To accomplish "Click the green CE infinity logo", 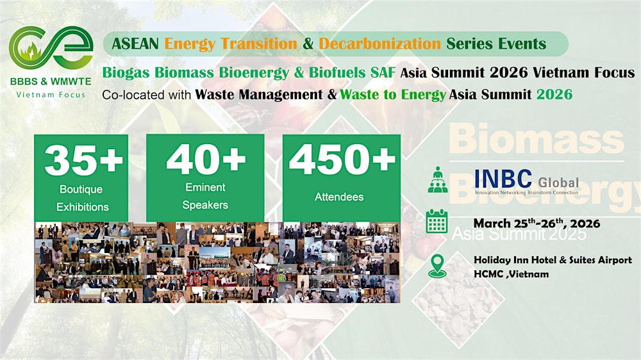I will pyautogui.click(x=51, y=48).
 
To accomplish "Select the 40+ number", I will pyautogui.click(x=205, y=160).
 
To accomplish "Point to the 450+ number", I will pyautogui.click(x=342, y=160).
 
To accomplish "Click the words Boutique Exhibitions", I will pyautogui.click(x=83, y=198).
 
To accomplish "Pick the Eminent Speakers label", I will pyautogui.click(x=204, y=196).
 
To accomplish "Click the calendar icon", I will pyautogui.click(x=437, y=221).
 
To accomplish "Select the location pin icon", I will pyautogui.click(x=437, y=265).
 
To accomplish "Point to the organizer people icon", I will pyautogui.click(x=437, y=179).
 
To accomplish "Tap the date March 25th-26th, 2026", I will pyautogui.click(x=537, y=223).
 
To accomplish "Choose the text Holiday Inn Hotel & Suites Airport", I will pyautogui.click(x=553, y=260).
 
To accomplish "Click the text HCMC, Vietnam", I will pyautogui.click(x=511, y=274).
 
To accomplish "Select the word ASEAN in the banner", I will pyautogui.click(x=136, y=44).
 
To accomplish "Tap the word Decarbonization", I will pyautogui.click(x=379, y=44).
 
